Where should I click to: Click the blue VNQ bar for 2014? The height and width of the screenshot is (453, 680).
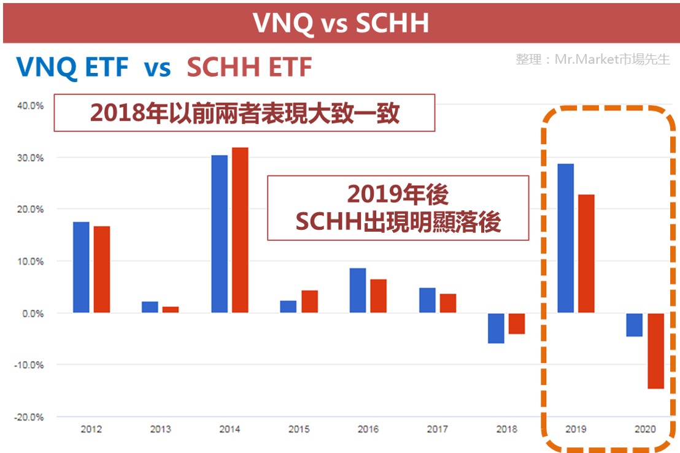tap(220, 234)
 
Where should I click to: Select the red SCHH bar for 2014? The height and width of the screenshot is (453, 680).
tap(240, 230)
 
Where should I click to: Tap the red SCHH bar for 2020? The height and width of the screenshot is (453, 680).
tap(655, 351)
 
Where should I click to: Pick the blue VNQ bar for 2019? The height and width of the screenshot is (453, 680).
tap(565, 238)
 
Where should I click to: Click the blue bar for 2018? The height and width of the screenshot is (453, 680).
tap(496, 329)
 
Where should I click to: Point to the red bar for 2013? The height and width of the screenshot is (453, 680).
tap(171, 310)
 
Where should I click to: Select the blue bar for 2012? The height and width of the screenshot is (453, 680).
tap(81, 267)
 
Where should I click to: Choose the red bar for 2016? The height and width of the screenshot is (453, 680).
tap(378, 296)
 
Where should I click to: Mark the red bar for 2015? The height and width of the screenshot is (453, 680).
tap(310, 302)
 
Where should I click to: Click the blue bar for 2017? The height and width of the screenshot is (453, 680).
tap(427, 300)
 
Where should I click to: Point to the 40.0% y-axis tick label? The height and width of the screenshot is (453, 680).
tap(30, 105)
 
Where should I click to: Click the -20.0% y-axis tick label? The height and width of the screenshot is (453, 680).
tap(29, 417)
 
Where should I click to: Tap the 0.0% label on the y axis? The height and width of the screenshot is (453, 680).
tap(33, 314)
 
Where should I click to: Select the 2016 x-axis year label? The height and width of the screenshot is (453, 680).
tap(368, 429)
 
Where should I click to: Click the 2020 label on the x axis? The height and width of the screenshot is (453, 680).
tap(645, 429)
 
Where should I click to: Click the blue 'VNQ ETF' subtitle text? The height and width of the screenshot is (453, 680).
tap(72, 67)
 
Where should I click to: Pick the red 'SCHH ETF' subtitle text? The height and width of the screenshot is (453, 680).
tap(249, 67)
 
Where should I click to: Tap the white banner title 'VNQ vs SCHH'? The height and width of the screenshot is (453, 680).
tap(341, 23)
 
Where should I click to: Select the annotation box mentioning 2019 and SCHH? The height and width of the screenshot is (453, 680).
tap(398, 208)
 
